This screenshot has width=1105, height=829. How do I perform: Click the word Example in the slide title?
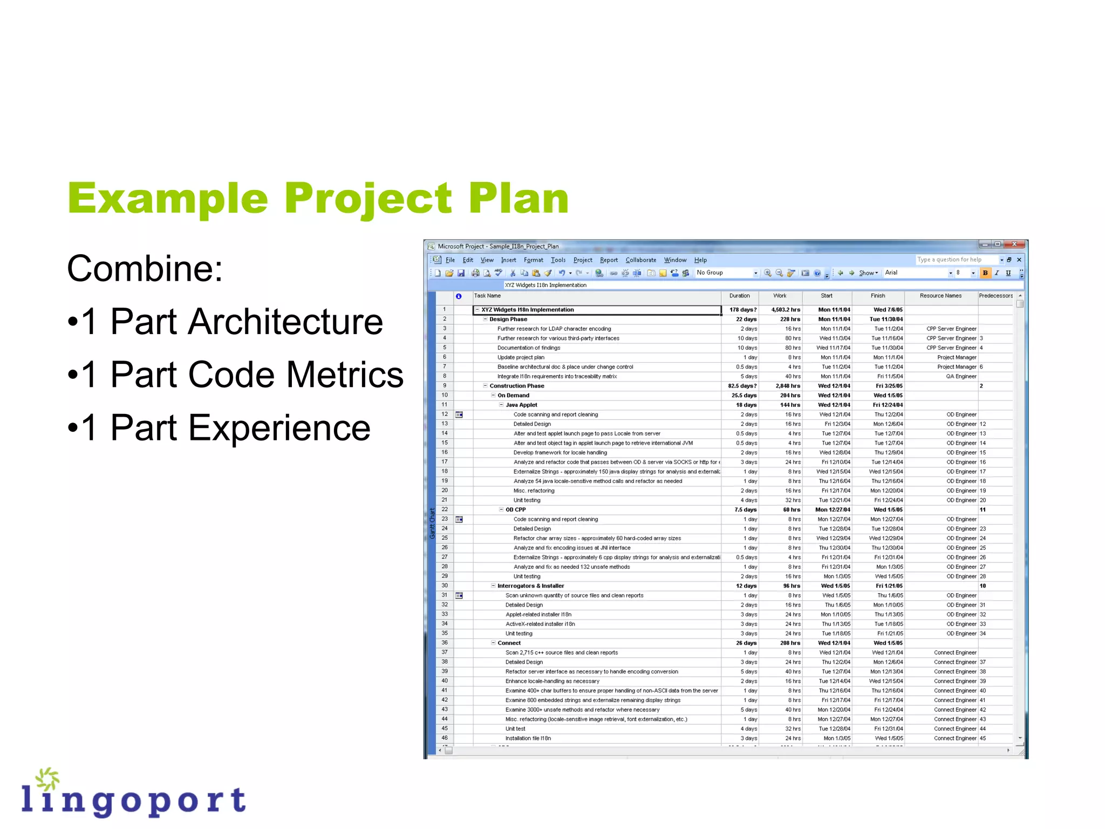coord(167,199)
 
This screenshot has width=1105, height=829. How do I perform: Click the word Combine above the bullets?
coord(144,269)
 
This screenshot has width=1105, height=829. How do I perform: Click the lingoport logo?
coord(133,794)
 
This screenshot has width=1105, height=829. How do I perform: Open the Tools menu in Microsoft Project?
coord(558,260)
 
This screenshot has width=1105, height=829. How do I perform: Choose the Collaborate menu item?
coord(640,260)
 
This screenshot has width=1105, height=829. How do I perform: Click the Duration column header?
coord(739,296)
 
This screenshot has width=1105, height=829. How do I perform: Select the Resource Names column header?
coord(940,296)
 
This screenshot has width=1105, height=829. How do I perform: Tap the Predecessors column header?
coord(995,296)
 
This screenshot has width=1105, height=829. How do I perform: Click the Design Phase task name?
coord(508,320)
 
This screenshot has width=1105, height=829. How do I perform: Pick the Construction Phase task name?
coord(516,386)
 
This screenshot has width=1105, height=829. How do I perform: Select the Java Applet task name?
coord(521,405)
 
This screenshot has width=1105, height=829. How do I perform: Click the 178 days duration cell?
coord(742,310)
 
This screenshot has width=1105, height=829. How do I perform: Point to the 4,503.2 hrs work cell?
coord(785,310)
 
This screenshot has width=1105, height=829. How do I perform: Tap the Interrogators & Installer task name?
coord(530,586)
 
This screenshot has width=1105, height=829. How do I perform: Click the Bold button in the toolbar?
coord(985,273)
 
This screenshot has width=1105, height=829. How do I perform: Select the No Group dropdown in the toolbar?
coord(726,273)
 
